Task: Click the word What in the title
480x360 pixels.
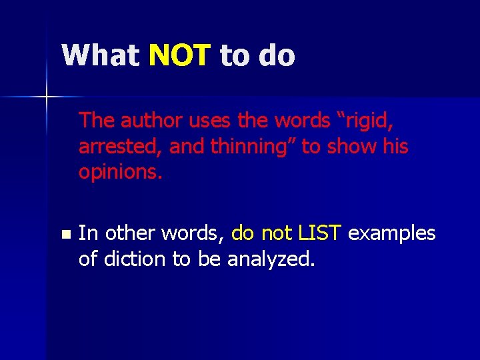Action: (100, 55)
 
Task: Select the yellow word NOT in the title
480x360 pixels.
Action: (179, 55)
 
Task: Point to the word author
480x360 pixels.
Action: (152, 121)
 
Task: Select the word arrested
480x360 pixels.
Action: (121, 147)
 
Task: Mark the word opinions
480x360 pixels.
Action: (121, 172)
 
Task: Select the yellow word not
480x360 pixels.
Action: (275, 233)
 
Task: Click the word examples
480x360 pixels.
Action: (392, 234)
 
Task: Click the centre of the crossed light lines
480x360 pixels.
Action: (47, 97)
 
